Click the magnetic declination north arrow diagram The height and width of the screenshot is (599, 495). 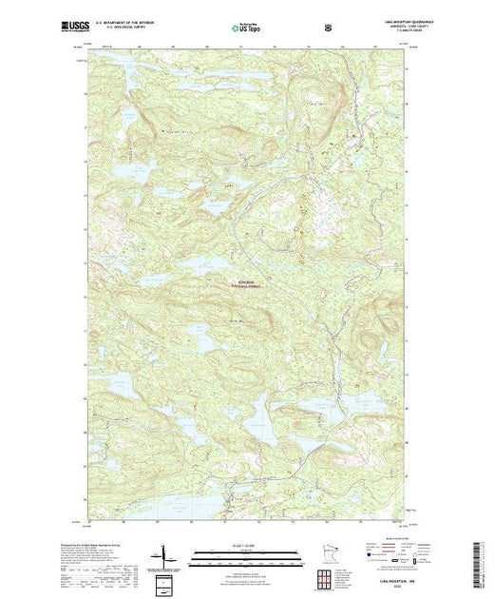tap(163, 552)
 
